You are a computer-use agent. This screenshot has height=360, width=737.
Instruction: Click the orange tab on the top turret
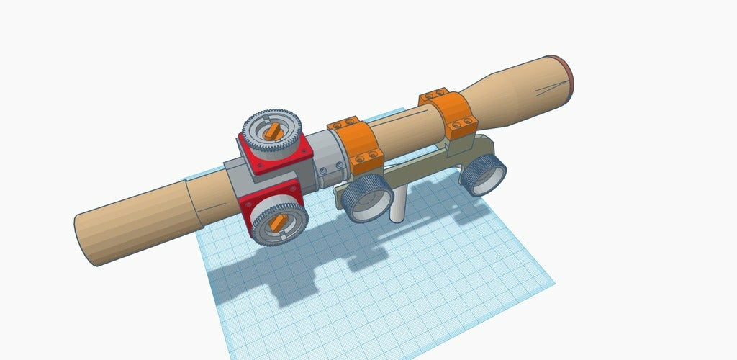click(x=272, y=131)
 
